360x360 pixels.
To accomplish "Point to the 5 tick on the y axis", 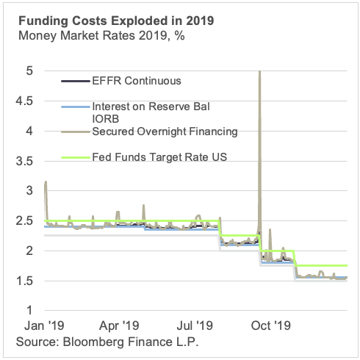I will [29, 71].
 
